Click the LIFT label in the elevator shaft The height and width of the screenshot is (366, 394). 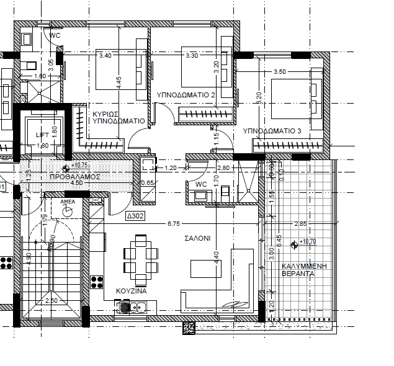pyautogui.click(x=42, y=134)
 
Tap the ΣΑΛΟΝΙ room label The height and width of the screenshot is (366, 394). pyautogui.click(x=197, y=238)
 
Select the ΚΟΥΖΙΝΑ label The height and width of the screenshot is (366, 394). pyautogui.click(x=132, y=290)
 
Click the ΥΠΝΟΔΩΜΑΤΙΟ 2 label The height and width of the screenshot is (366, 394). pyautogui.click(x=186, y=94)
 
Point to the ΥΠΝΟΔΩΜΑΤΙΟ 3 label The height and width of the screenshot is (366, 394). pyautogui.click(x=272, y=131)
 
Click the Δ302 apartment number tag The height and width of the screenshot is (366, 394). pyautogui.click(x=135, y=216)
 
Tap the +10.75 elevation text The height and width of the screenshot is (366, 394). pyautogui.click(x=80, y=166)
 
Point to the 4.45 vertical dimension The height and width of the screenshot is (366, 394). pyautogui.click(x=119, y=83)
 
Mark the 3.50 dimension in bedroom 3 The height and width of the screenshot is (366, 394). pyautogui.click(x=279, y=72)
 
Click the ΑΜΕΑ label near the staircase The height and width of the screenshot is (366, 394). pyautogui.click(x=68, y=202)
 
